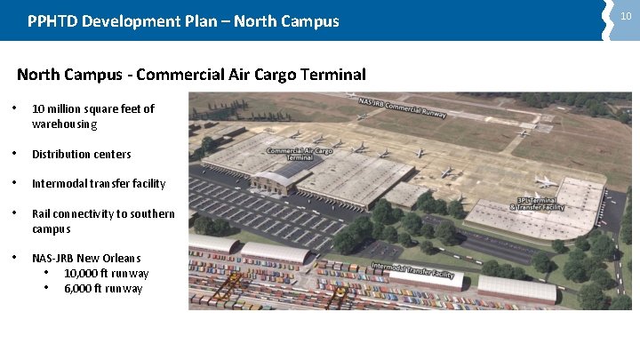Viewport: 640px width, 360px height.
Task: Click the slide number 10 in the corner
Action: (x=626, y=16)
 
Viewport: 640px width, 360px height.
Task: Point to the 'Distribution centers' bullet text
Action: (x=81, y=154)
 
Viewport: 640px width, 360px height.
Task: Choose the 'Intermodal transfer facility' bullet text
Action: (x=99, y=184)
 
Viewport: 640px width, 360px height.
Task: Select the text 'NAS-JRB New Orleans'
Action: (x=86, y=259)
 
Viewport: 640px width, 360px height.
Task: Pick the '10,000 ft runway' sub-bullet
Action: (x=106, y=274)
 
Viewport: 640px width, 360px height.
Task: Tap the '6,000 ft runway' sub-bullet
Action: (x=103, y=289)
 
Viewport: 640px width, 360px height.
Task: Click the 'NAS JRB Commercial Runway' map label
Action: (x=402, y=106)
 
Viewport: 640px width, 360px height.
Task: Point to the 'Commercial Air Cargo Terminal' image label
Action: (x=300, y=153)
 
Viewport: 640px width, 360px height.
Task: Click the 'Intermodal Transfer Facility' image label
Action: (x=412, y=270)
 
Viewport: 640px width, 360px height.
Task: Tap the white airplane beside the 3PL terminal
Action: (x=544, y=182)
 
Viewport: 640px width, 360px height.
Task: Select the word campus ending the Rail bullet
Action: (x=51, y=229)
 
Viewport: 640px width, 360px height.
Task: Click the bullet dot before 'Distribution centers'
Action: (x=19, y=154)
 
